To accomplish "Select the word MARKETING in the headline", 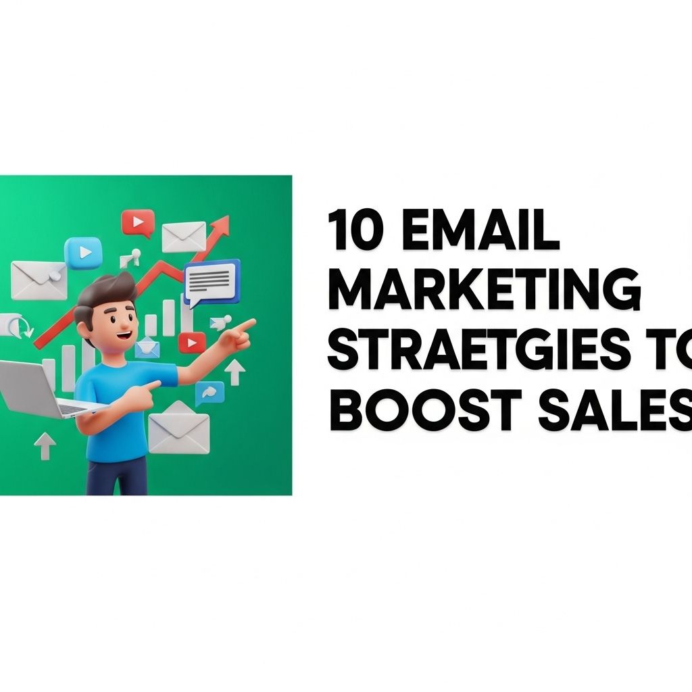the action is [x=484, y=289].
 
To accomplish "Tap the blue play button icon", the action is [x=83, y=253].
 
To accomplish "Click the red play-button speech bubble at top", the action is [x=138, y=223].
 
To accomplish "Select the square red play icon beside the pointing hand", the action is [x=192, y=343].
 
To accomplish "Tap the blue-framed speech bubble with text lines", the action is [x=212, y=282].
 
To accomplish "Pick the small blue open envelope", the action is [x=147, y=347].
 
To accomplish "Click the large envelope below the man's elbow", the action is [x=178, y=428].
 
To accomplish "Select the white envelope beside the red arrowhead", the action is [x=184, y=237].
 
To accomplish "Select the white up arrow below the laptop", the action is [x=45, y=447].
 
